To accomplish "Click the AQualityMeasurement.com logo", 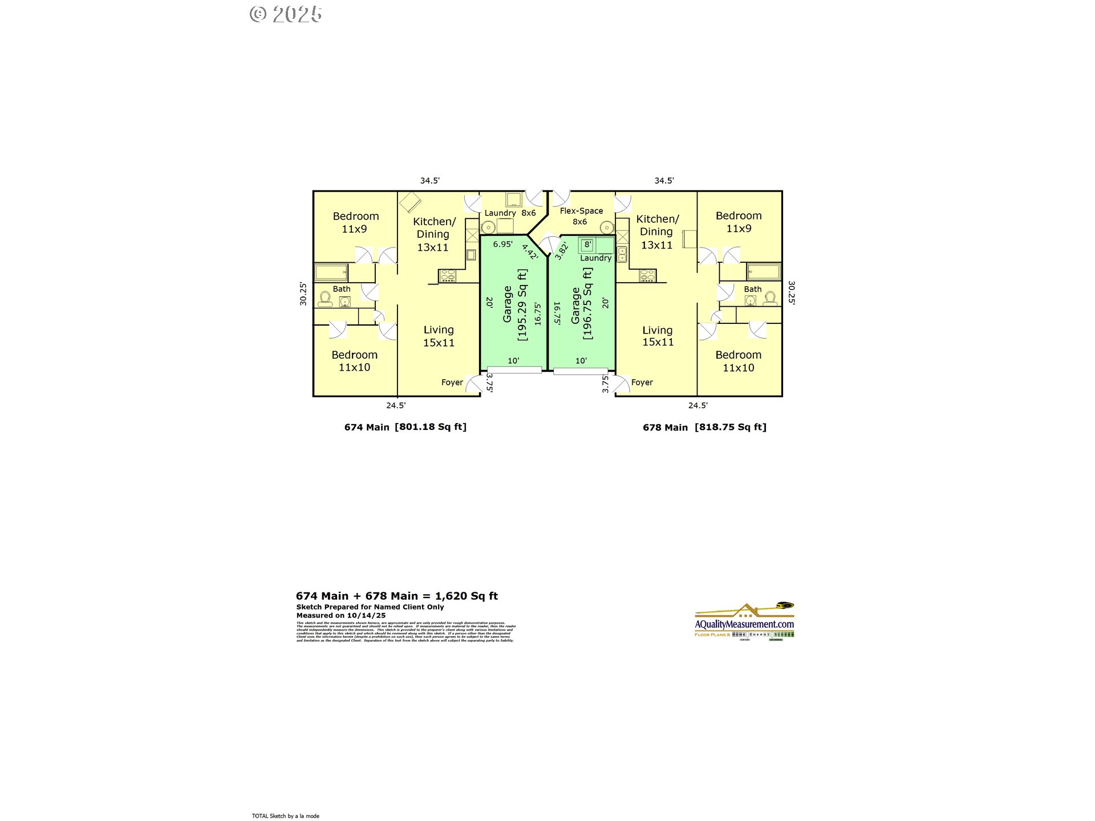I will [x=744, y=622].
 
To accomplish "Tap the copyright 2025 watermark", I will [x=286, y=14].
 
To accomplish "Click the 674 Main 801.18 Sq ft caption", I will [x=405, y=427].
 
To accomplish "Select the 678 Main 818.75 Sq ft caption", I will [x=704, y=427].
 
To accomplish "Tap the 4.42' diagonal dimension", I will [x=530, y=251].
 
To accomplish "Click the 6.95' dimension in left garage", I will [x=502, y=244].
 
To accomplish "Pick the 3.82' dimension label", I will [x=561, y=251].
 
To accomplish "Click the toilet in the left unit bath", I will [x=325, y=299].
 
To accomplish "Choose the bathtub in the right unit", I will [x=764, y=271].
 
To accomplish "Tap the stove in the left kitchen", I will [x=448, y=276].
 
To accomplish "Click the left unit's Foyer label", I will [x=452, y=383].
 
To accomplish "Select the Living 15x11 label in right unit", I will [x=658, y=336].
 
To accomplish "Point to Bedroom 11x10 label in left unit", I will [x=355, y=361].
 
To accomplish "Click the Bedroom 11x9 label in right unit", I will [x=739, y=222].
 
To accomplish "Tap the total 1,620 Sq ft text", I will [x=397, y=596].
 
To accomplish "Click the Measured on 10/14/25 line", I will [x=341, y=616].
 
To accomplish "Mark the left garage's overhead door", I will [x=514, y=370].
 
